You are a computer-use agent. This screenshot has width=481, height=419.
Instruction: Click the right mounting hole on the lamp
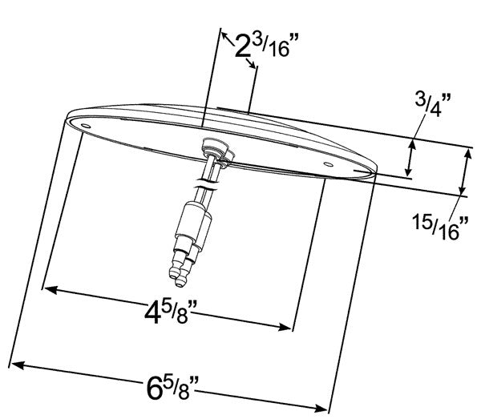pyautogui.click(x=327, y=164)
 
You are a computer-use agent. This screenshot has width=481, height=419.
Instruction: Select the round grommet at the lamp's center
pyautogui.click(x=214, y=147)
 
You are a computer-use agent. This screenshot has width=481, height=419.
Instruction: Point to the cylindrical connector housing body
pyautogui.click(x=192, y=221)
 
